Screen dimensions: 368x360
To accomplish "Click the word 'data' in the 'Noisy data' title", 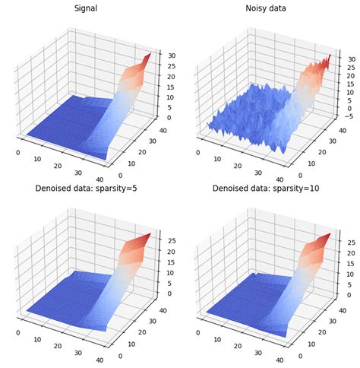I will [x=282, y=10].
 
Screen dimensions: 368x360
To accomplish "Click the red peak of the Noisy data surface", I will [x=327, y=59].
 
